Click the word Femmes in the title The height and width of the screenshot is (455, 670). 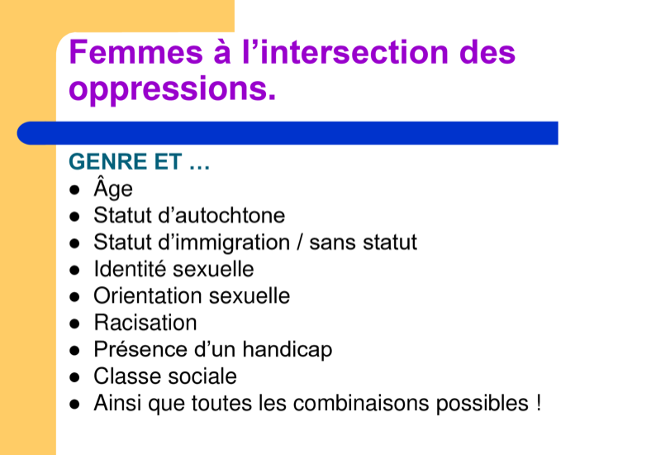click(x=135, y=52)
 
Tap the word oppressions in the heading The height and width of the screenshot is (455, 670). click(x=172, y=89)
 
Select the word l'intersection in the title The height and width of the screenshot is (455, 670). click(x=345, y=52)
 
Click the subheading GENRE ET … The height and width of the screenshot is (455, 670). click(x=140, y=162)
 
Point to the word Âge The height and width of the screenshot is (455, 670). click(x=113, y=188)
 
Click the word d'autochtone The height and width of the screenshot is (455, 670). click(x=221, y=215)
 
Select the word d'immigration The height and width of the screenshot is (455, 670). click(x=224, y=242)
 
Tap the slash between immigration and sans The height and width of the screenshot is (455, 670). click(x=300, y=242)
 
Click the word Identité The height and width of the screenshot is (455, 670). click(x=131, y=269)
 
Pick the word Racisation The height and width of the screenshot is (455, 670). click(x=145, y=323)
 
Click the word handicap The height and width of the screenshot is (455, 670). click(x=287, y=350)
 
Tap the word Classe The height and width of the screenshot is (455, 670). click(x=127, y=376)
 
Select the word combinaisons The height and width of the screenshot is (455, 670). click(x=362, y=403)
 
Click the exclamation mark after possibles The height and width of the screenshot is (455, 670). click(x=538, y=403)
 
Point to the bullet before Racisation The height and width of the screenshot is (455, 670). click(x=75, y=324)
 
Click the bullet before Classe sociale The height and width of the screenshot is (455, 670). click(x=75, y=377)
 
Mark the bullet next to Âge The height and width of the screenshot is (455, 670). click(x=75, y=189)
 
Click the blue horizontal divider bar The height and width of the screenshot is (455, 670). click(x=287, y=133)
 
